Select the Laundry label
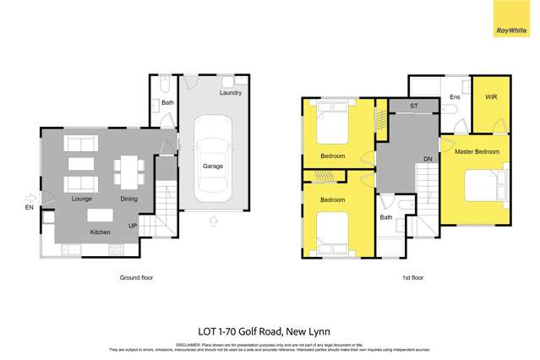coord(231,93)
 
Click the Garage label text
coord(213,166)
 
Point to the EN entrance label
coord(30,206)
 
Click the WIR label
coord(491,98)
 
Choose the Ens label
coord(454,98)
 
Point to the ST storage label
coord(414,106)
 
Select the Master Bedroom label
coord(477,152)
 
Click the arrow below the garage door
coord(212,221)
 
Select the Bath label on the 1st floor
coord(386,217)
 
